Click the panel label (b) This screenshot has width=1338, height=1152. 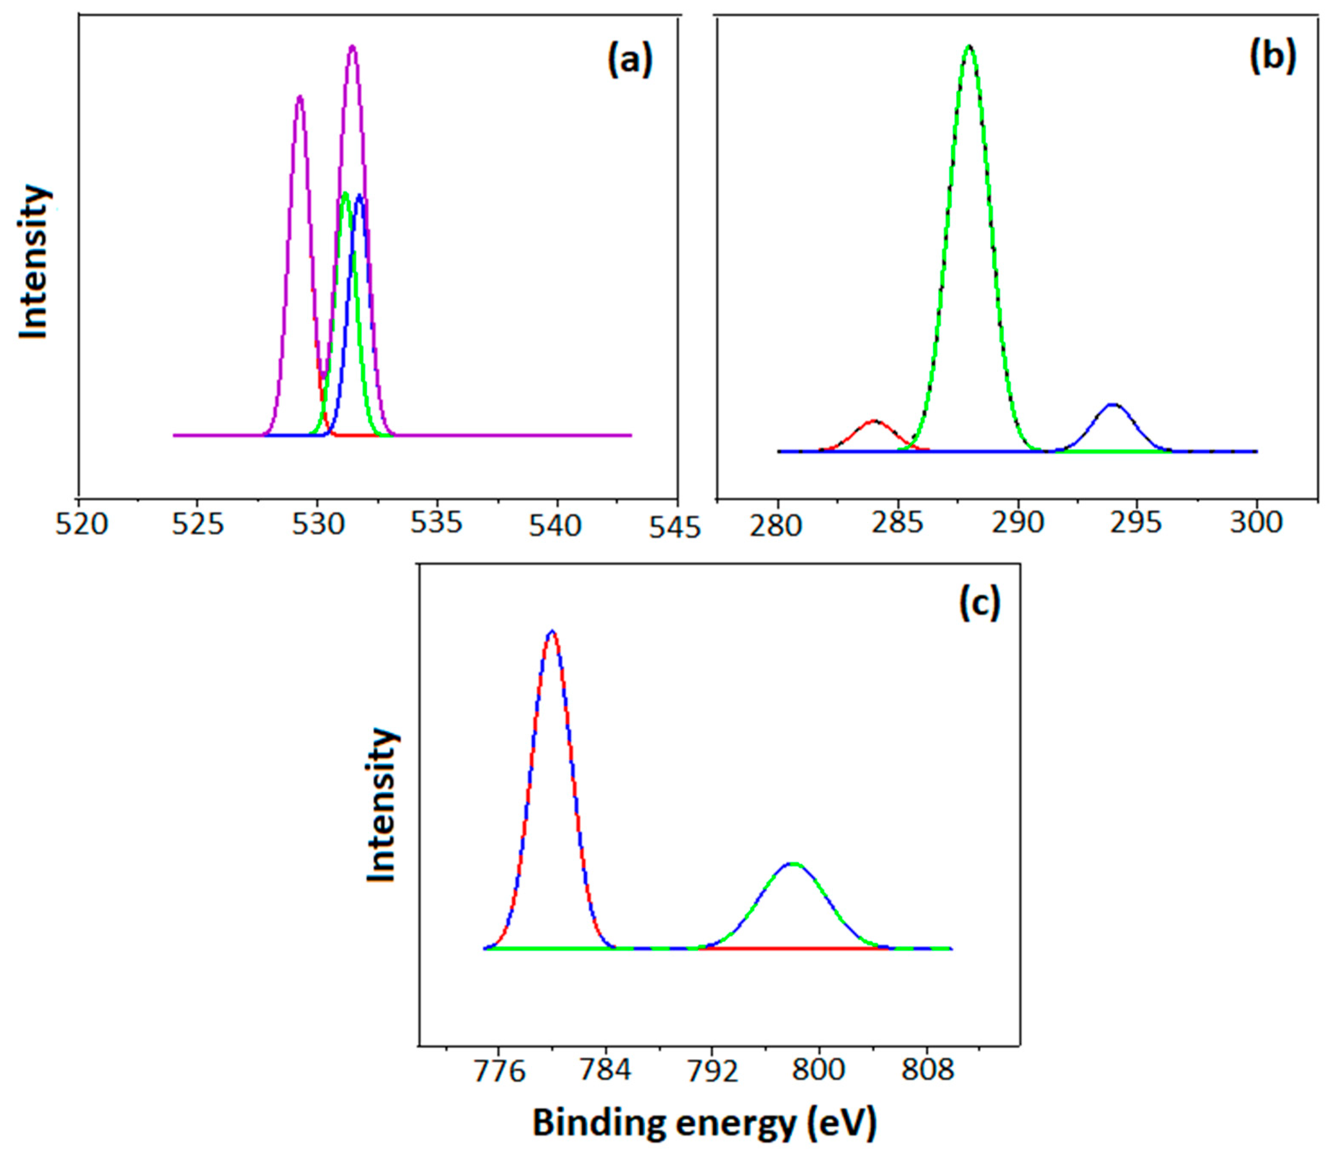pyautogui.click(x=1272, y=58)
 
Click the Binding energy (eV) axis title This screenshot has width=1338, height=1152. pyautogui.click(x=704, y=1123)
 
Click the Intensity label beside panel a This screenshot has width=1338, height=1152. pyautogui.click(x=34, y=261)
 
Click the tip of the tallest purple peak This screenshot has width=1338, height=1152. pyautogui.click(x=352, y=47)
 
